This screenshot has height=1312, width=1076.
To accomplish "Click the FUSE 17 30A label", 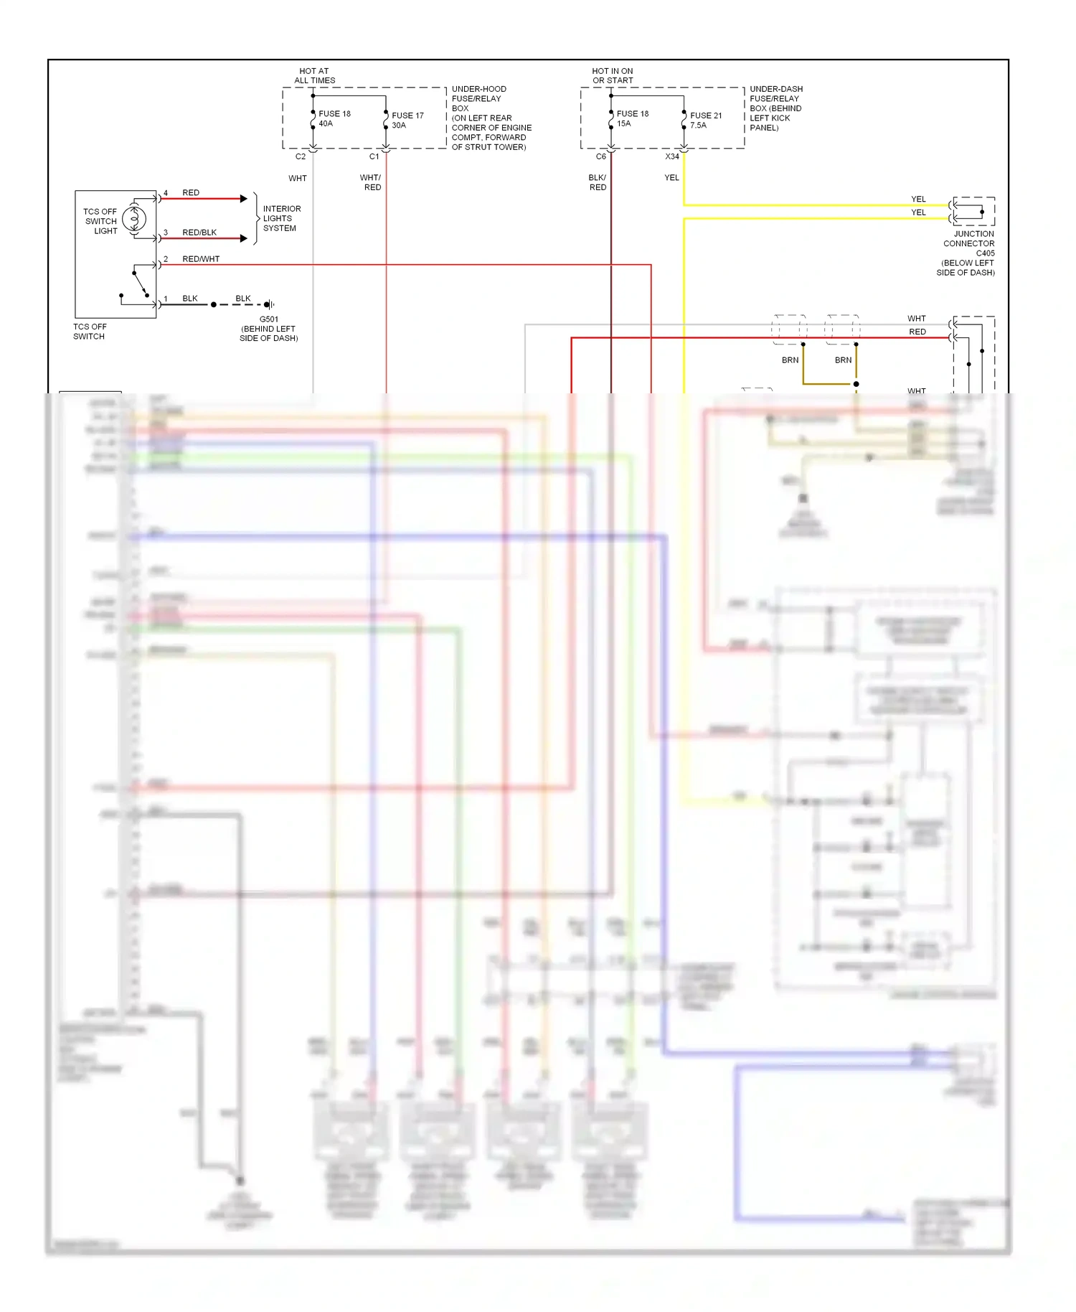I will pos(407,120).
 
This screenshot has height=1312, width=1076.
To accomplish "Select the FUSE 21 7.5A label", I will pos(705,120).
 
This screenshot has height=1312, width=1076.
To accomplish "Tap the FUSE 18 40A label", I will pos(334,118).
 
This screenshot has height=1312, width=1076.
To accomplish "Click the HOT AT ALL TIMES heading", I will pos(314,75).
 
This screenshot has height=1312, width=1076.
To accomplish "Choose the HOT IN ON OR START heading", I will pos(613,75).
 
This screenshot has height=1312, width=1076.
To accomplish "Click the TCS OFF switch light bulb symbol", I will pos(134,219).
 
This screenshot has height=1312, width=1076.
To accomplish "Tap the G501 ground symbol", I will pos(270,304).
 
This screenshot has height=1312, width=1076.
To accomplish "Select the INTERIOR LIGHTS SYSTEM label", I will pos(281,218).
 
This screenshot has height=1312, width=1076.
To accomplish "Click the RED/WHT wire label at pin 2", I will pos(201,258).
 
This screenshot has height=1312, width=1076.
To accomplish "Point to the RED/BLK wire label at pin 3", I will pos(199,232).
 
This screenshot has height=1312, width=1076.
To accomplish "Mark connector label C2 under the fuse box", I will pos(301,156).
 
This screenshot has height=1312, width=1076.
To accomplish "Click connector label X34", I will pos(671,156).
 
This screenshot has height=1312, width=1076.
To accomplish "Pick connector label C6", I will pos(601,156).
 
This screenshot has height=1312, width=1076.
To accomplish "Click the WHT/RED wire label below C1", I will pos(371,182).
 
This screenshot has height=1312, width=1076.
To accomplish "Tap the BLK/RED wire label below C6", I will pos(598,182).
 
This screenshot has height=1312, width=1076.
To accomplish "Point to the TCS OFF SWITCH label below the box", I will pos(90,331).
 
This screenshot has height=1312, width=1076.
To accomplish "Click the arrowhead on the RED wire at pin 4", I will pos(244,198).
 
